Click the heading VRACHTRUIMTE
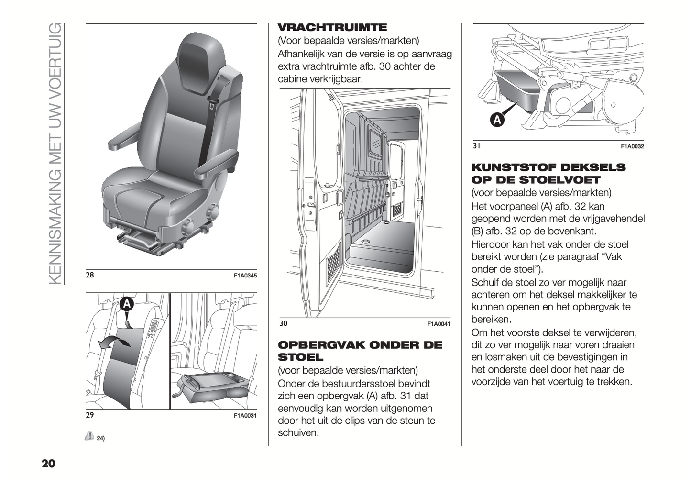pos(332,27)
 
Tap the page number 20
pos(48,464)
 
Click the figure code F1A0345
pos(245,276)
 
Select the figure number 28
pos(90,275)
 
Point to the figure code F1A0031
pos(245,416)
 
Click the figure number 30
pos(284,323)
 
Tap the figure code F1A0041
pos(439,324)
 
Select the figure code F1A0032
pos(632,146)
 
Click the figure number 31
pos(477,146)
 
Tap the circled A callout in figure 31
pos(497,120)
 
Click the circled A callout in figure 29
pos(127,304)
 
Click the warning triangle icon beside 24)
pos(89,435)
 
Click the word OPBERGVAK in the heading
pos(321,345)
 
